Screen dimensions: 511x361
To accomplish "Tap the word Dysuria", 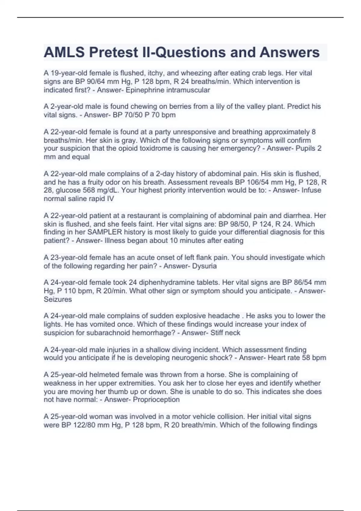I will tap(204, 266).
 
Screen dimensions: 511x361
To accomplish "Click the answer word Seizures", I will tap(58, 299).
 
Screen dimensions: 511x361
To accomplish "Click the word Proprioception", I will tap(156, 399).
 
